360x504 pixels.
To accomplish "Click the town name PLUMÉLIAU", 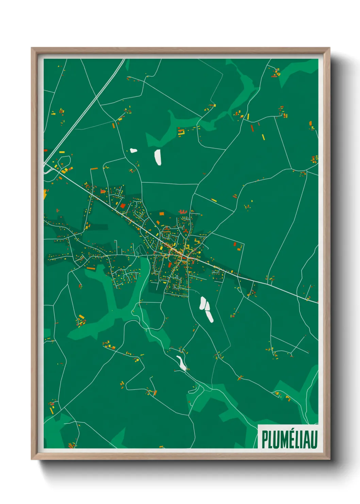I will (x=290, y=439).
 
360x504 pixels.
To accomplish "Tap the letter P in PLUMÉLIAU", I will (x=265, y=440).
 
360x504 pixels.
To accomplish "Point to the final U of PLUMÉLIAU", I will (x=314, y=440).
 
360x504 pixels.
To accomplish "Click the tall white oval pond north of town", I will (x=158, y=157).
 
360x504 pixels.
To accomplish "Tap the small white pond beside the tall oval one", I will (x=133, y=150).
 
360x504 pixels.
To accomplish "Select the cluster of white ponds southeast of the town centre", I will (x=206, y=309).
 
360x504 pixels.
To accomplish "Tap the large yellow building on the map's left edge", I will (x=45, y=194).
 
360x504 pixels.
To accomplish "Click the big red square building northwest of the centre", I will (x=122, y=206).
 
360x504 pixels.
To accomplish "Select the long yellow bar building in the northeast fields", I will (x=263, y=137).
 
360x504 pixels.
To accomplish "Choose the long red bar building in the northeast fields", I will (x=252, y=128).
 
